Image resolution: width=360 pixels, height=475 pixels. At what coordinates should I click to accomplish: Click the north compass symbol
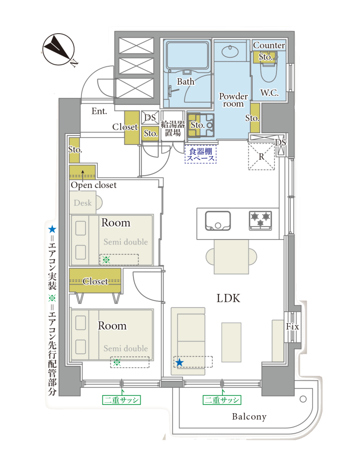58,49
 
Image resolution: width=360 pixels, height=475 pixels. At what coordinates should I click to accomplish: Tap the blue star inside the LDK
180,362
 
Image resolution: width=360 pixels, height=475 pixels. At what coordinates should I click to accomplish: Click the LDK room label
228,298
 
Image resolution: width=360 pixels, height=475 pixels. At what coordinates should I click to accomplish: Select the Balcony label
249,417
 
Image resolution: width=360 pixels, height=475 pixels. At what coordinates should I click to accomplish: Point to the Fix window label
292,327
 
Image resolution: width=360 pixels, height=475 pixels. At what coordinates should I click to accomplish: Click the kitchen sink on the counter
218,221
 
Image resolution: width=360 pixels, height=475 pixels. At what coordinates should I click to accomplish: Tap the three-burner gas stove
261,220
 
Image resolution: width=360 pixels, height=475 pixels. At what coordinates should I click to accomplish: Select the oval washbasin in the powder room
230,51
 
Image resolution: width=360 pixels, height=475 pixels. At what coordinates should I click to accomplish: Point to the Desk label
83,203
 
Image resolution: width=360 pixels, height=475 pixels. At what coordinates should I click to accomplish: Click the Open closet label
93,185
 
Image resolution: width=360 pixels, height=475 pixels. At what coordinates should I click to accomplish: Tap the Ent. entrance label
99,111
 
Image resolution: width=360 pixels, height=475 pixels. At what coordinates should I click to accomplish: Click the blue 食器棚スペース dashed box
200,154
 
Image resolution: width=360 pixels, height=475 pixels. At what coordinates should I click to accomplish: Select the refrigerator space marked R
261,157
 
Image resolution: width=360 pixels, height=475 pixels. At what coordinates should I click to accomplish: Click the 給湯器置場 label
173,129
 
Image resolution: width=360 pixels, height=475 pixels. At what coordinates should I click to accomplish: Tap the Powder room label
233,100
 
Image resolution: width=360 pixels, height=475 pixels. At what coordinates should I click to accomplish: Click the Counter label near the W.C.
269,46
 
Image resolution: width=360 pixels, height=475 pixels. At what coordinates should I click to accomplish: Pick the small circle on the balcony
303,399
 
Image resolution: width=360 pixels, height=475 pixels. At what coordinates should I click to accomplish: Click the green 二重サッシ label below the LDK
222,400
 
